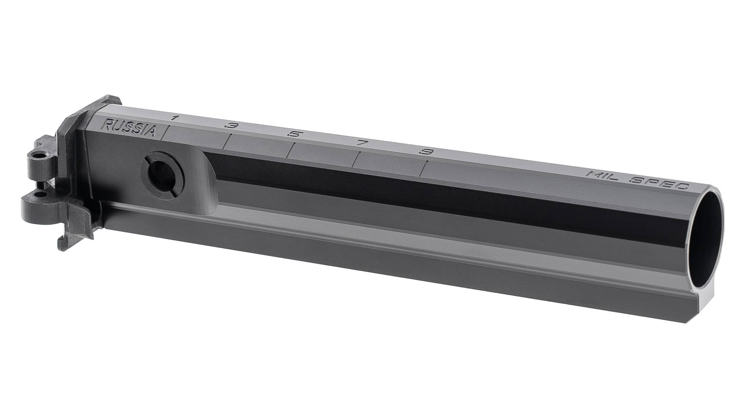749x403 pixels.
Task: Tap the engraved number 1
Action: [174, 118]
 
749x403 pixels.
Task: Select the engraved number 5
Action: [294, 135]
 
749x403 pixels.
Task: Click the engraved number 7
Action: [361, 143]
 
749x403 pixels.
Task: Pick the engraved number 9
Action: [426, 152]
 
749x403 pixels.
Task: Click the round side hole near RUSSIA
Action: [162, 175]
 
